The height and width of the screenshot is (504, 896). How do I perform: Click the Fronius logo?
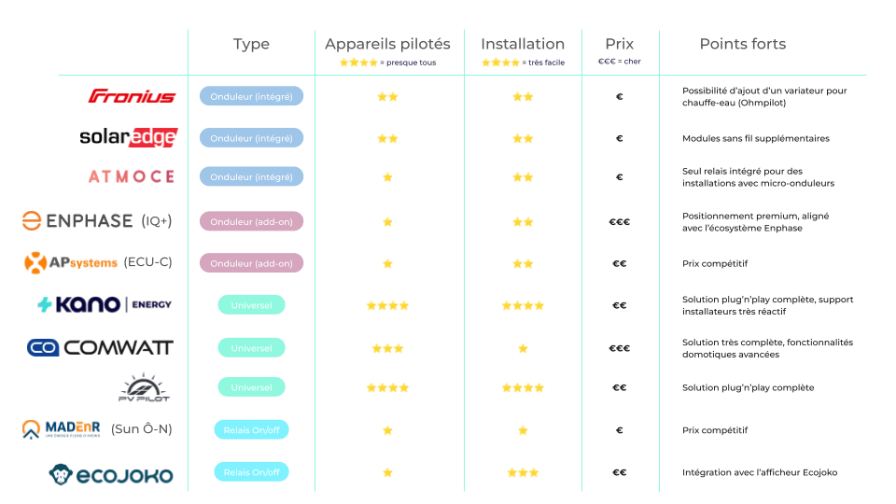(132, 96)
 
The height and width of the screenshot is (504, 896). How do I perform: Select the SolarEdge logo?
(128, 137)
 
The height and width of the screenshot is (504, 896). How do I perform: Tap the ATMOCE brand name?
(132, 176)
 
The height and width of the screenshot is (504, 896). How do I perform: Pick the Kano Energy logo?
(105, 304)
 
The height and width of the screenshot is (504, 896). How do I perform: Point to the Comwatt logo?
(100, 347)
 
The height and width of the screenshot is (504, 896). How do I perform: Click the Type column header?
(250, 44)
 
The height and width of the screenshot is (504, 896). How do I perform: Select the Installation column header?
(522, 44)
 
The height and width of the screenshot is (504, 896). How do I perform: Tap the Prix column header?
(619, 44)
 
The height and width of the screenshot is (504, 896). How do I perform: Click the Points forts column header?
(743, 44)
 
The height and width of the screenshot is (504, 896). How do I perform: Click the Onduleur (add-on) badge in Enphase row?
(251, 221)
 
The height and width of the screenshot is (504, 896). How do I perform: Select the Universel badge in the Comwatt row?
(251, 348)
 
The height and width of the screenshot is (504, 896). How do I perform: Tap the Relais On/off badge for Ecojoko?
(251, 472)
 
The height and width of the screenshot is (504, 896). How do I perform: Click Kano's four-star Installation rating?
(523, 305)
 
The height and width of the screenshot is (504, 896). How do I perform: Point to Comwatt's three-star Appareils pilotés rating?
(387, 348)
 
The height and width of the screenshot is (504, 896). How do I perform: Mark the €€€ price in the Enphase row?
(619, 222)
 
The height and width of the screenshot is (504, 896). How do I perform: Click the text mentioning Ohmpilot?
(764, 96)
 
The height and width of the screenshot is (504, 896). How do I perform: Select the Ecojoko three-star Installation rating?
(523, 473)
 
